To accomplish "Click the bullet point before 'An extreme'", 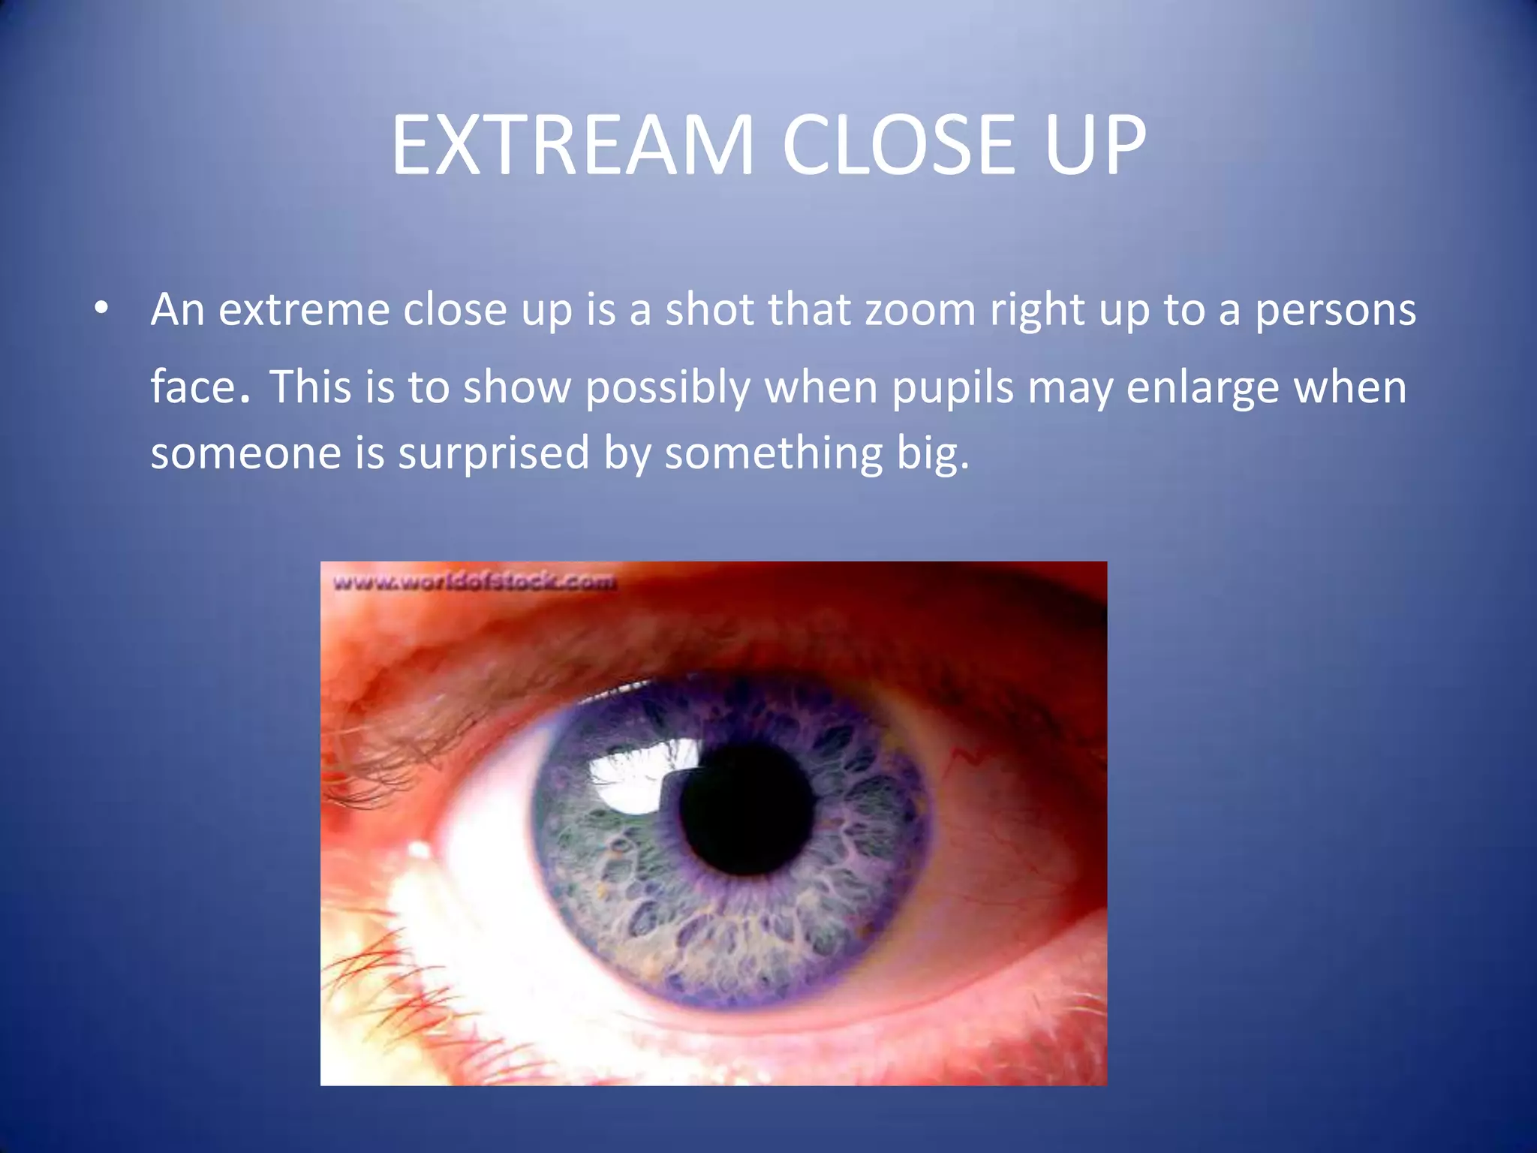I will point(101,309).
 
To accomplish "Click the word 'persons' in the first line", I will point(1335,310).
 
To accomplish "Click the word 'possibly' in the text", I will point(667,388).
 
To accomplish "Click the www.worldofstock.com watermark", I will point(474,582).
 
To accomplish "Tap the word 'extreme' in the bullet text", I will point(304,310).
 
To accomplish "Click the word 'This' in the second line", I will point(310,387).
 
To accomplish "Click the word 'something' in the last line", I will point(774,453).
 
